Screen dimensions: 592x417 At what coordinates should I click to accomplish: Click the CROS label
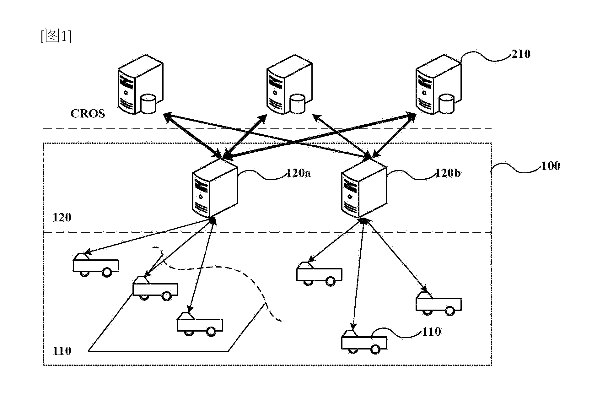(x=88, y=113)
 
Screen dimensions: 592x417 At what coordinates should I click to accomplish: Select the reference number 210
(x=521, y=54)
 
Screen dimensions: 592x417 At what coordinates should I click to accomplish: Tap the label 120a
(x=299, y=173)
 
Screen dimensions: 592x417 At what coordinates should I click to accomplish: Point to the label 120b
(x=448, y=173)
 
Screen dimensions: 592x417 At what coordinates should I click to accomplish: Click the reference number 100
(x=551, y=166)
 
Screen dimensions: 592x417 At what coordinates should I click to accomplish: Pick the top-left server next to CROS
(x=140, y=85)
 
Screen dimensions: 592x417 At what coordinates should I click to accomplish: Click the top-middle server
(x=289, y=85)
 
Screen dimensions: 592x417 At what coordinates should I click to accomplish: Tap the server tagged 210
(x=439, y=85)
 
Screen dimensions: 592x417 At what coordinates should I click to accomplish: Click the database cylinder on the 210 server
(x=446, y=104)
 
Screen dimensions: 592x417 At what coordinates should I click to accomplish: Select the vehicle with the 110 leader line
(x=364, y=342)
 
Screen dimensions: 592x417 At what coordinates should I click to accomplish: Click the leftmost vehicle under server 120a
(x=96, y=265)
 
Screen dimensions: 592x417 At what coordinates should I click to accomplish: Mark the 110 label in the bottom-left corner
(x=62, y=351)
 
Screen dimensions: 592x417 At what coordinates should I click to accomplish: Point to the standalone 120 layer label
(x=62, y=217)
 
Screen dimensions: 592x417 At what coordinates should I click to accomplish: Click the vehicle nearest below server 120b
(x=319, y=274)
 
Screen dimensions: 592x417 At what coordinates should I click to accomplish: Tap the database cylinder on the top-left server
(x=148, y=104)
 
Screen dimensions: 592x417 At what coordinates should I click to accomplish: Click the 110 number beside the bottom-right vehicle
(x=432, y=332)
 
